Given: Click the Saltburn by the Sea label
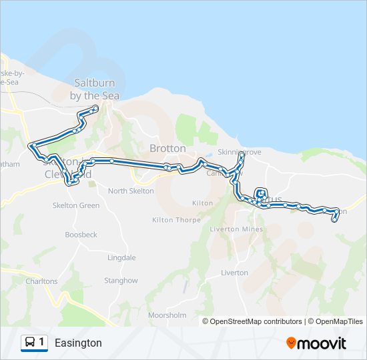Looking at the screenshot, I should click(94, 89).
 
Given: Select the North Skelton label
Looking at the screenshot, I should click(131, 191).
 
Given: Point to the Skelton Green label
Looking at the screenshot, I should click(76, 205).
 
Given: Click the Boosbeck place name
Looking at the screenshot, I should click(81, 235).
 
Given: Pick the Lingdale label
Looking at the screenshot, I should click(121, 257).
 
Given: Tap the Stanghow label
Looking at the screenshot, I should click(121, 281).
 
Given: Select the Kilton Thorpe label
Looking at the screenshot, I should click(172, 219).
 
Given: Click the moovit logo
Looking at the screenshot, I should click(316, 343).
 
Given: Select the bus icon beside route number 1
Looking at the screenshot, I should click(30, 343).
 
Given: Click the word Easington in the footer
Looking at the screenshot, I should click(79, 343).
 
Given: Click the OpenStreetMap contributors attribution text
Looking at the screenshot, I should click(256, 321).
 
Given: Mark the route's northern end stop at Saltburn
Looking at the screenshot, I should click(96, 108).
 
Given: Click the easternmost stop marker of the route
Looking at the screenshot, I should click(334, 219).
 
